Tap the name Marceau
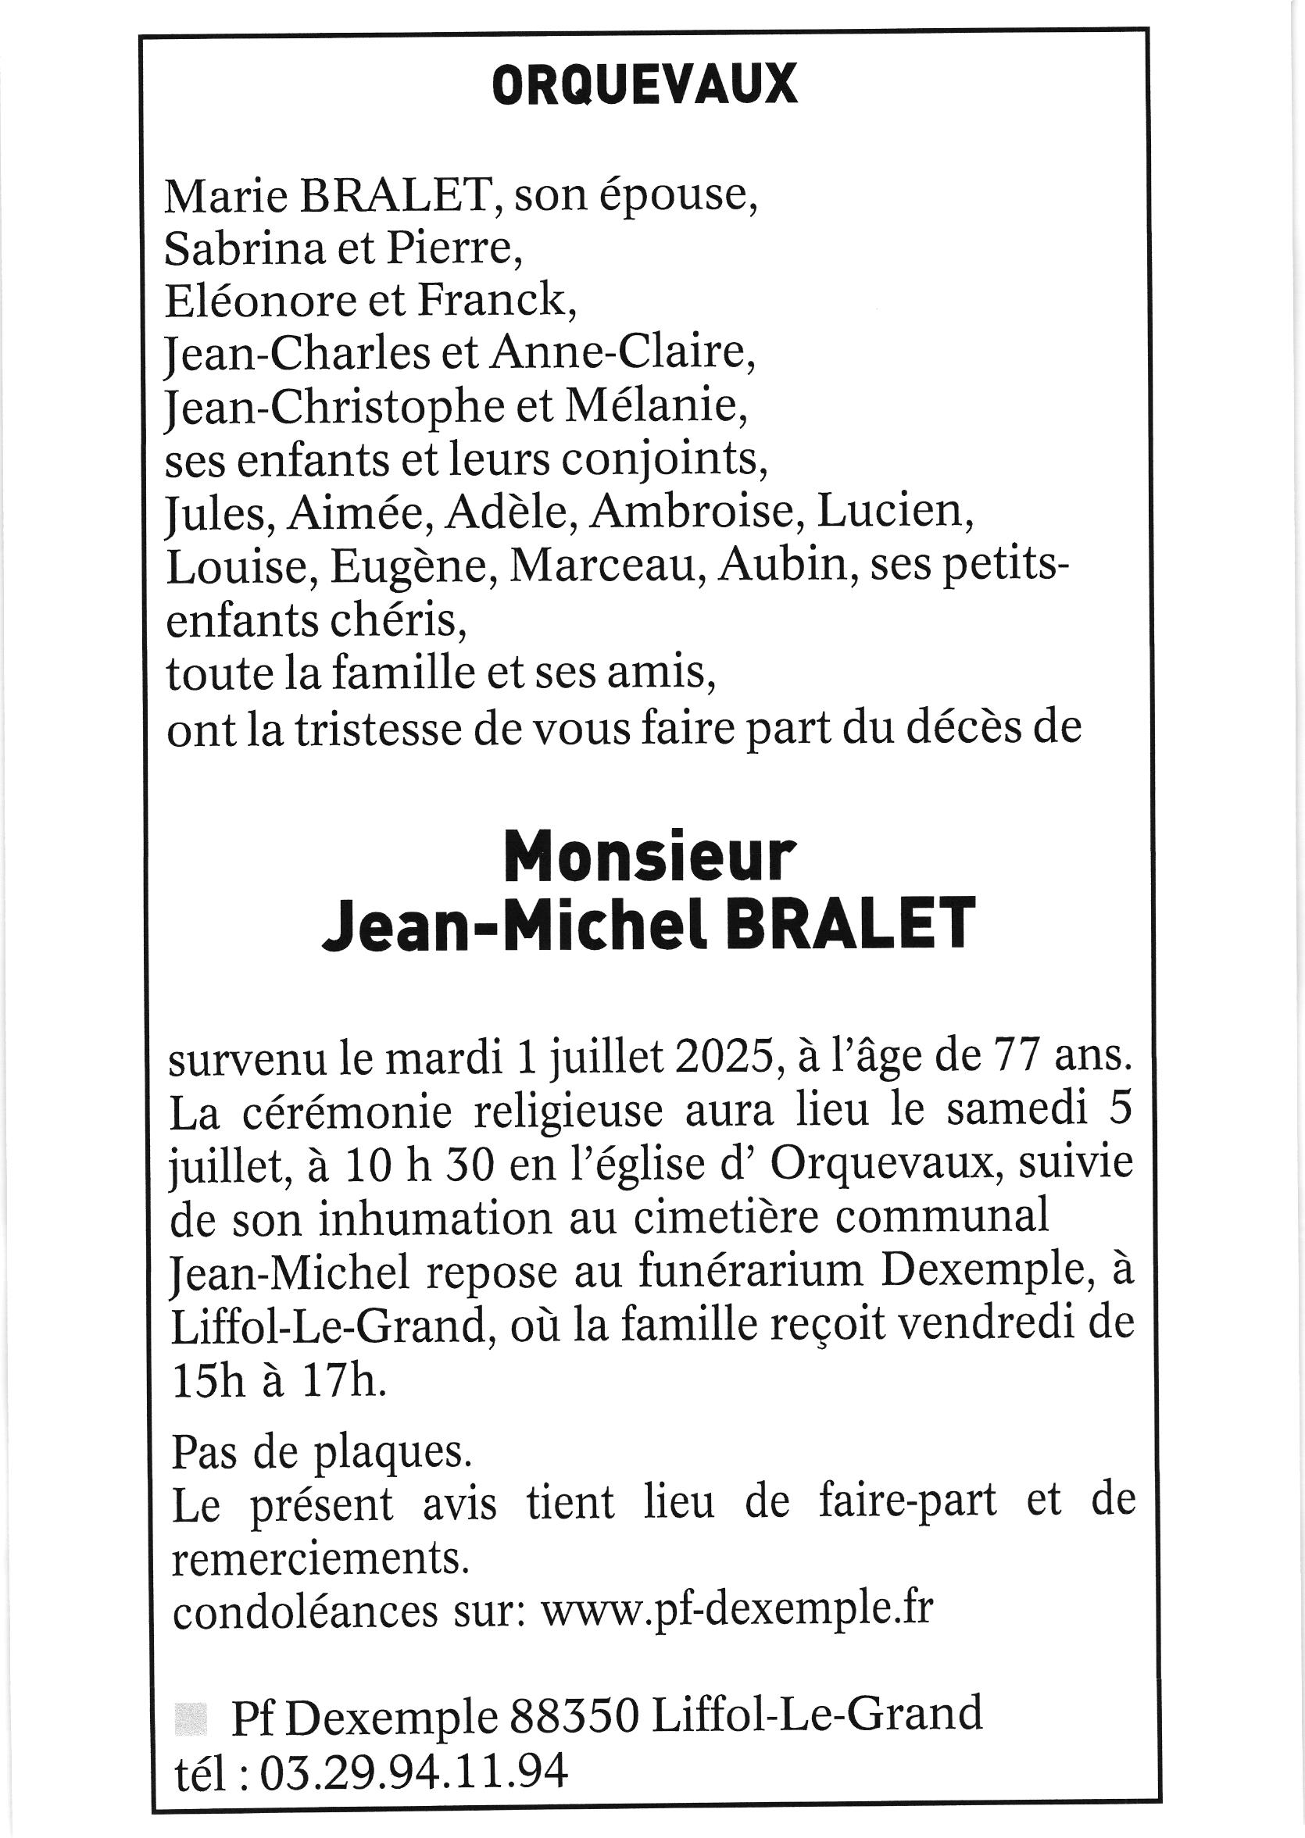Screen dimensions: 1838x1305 (607, 566)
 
